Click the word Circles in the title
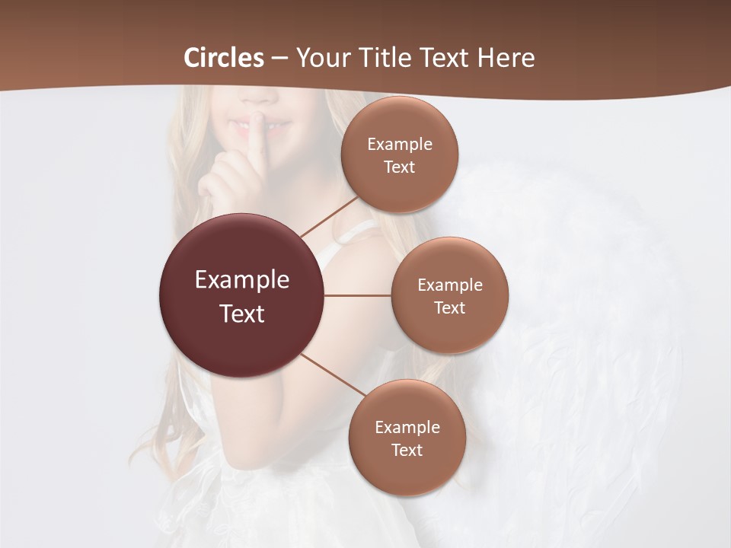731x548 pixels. [x=224, y=58]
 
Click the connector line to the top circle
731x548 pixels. [x=329, y=217]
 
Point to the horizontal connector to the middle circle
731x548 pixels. [x=358, y=295]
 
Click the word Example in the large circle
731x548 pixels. [x=242, y=280]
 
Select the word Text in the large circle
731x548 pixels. [x=242, y=314]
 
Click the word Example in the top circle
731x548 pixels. [x=400, y=144]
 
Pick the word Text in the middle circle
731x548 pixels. [x=449, y=307]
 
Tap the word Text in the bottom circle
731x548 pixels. [x=407, y=450]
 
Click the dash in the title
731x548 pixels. [x=279, y=59]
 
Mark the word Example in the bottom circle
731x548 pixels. [x=407, y=427]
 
